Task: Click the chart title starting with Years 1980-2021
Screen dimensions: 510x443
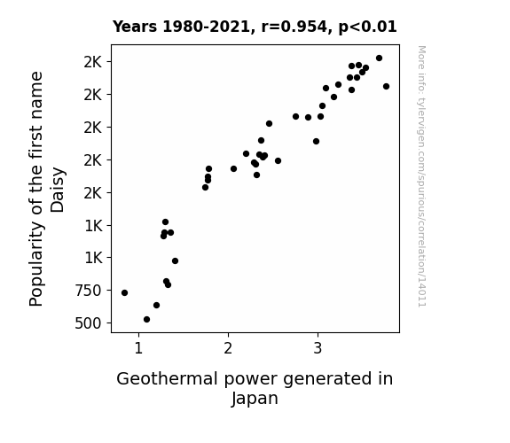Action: [255, 27]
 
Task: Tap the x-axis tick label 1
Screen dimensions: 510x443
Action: [138, 348]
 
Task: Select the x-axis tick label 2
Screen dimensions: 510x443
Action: [228, 348]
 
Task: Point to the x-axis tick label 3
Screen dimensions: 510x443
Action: [318, 348]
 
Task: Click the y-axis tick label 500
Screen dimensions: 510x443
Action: [88, 323]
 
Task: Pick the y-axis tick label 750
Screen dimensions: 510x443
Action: [88, 291]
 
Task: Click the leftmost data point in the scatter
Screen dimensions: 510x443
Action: [124, 293]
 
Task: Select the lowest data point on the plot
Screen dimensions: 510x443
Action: [146, 320]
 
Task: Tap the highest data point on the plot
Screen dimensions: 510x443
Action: [379, 58]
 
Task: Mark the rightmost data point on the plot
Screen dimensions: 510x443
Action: [386, 87]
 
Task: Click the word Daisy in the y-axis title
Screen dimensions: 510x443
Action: [58, 190]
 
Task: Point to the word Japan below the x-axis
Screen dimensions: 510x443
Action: [255, 399]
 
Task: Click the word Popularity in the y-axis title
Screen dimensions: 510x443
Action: [36, 264]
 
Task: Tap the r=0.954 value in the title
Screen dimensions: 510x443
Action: [294, 27]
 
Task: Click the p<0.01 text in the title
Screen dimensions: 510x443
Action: [367, 27]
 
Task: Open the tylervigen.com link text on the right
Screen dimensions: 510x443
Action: [421, 176]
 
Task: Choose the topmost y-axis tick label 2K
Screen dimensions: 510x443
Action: [93, 62]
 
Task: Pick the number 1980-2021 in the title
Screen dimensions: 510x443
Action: [206, 27]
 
